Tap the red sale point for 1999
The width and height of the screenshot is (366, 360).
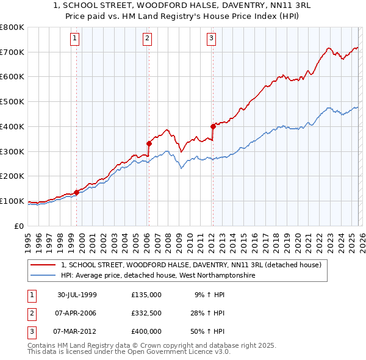(76, 192)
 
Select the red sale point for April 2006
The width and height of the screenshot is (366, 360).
(148, 143)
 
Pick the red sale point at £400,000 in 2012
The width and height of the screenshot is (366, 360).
(212, 127)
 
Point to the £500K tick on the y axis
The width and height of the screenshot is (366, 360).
(12, 102)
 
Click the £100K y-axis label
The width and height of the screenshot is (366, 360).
(12, 201)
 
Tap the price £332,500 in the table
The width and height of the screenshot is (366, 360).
(146, 313)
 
